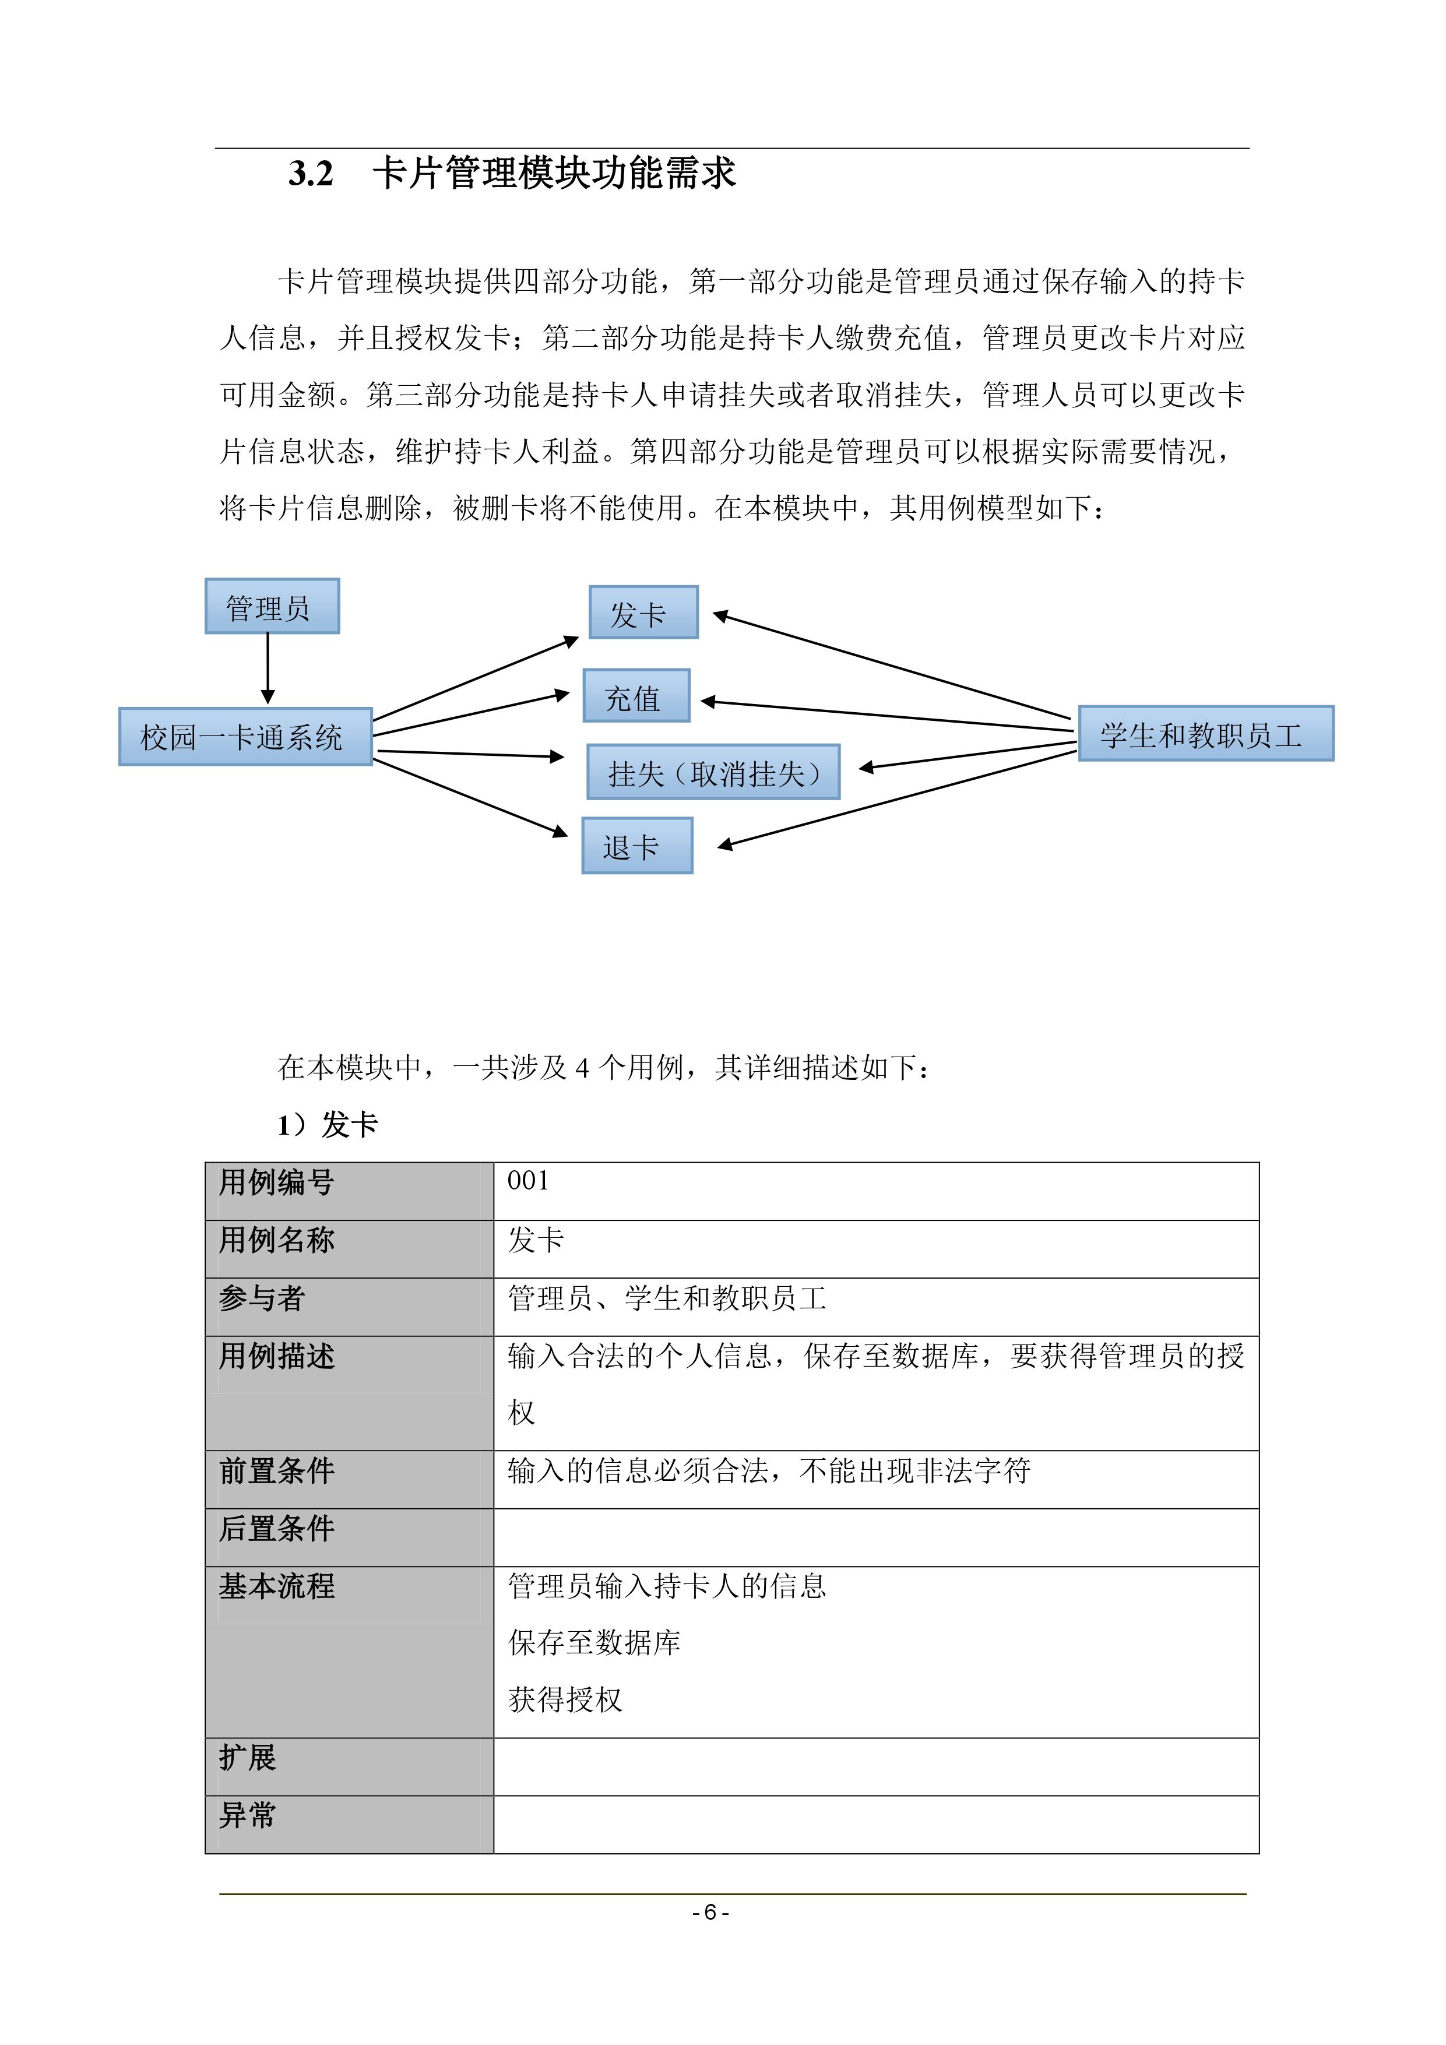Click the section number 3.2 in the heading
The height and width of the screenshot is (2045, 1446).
click(310, 173)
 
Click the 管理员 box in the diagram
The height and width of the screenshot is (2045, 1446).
click(272, 607)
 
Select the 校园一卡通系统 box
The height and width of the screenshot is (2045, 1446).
click(245, 737)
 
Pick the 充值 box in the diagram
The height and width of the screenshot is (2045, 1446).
click(635, 696)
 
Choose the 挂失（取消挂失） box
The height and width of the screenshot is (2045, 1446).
click(713, 772)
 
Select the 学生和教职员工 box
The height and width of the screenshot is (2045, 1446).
click(1205, 734)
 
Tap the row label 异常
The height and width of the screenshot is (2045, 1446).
click(248, 1815)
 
